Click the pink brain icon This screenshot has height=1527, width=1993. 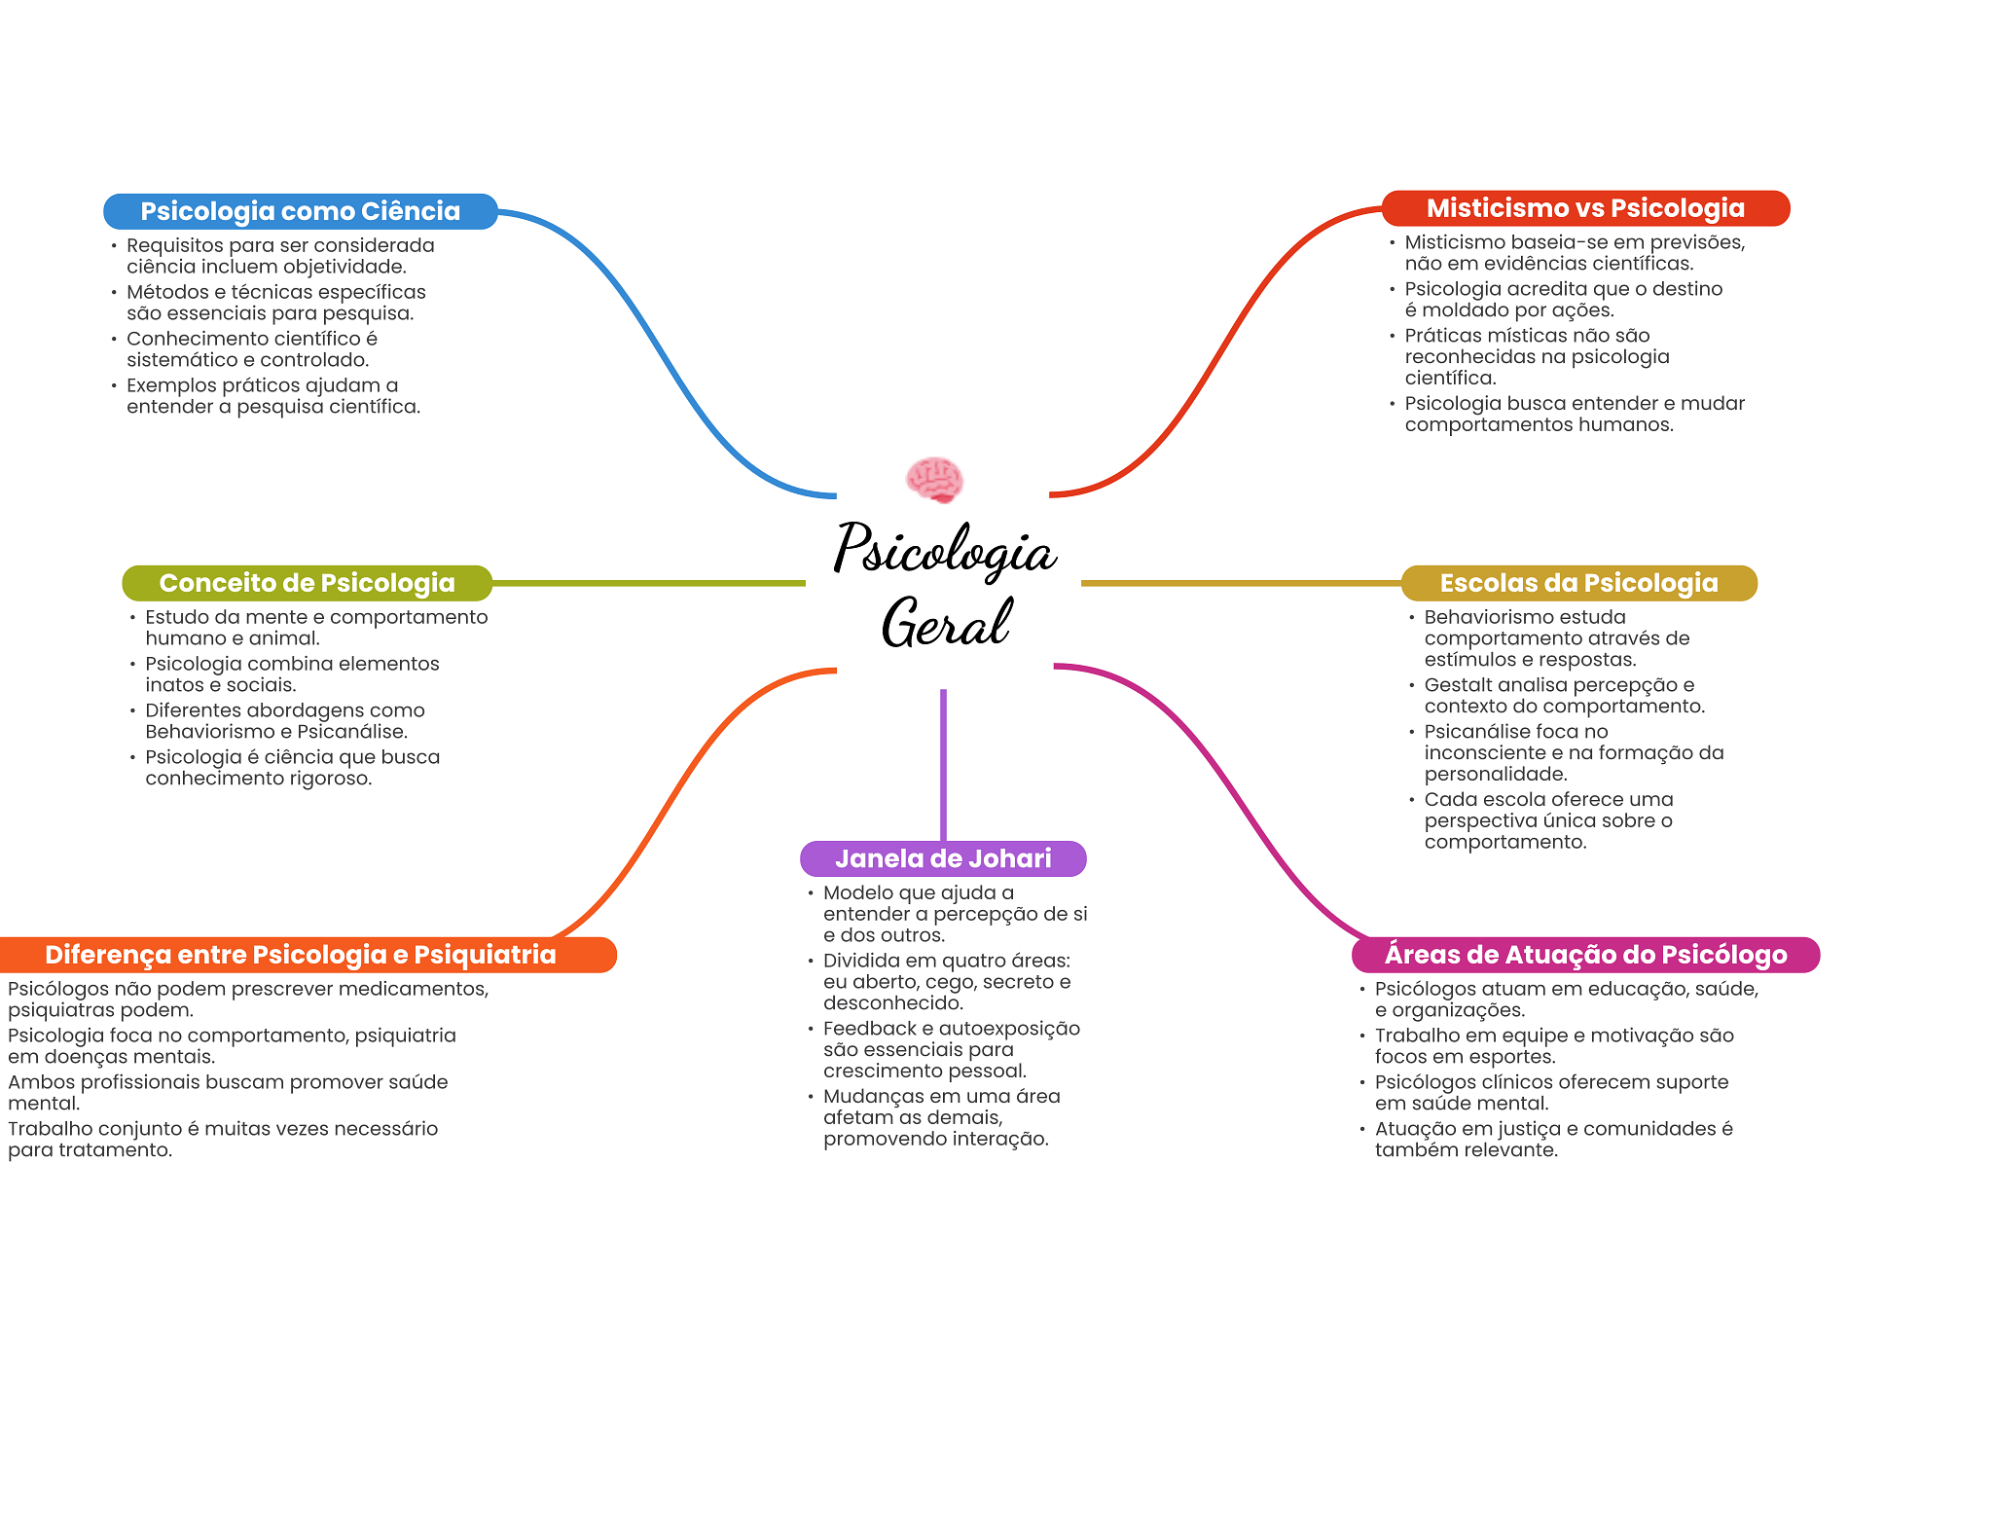tap(934, 479)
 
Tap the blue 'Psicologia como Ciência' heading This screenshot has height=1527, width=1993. tap(300, 211)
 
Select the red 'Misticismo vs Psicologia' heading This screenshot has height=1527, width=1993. tap(1585, 208)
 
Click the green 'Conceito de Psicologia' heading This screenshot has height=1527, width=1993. tap(307, 583)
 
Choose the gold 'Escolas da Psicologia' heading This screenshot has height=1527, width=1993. tap(1578, 583)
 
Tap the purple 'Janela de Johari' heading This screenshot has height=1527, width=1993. tap(943, 858)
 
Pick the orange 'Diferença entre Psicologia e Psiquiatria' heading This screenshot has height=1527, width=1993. tap(301, 955)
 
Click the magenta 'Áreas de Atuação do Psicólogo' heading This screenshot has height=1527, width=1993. tap(1585, 955)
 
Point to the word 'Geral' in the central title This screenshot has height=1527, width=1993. tap(946, 623)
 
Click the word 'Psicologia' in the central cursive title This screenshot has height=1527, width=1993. tap(944, 550)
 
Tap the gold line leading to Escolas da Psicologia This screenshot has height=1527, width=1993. tap(1241, 583)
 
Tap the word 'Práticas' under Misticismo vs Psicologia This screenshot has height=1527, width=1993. tap(1444, 336)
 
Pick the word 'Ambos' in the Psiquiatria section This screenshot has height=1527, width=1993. tap(41, 1082)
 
